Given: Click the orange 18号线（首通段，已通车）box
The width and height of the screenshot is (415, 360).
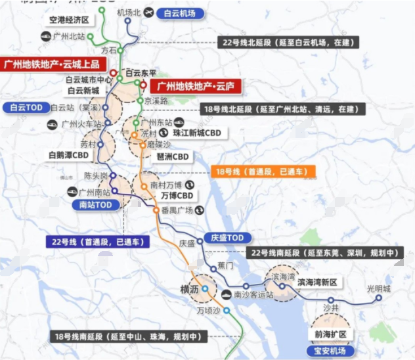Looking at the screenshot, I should (x=262, y=171).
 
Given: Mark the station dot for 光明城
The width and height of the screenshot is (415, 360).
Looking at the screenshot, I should (x=378, y=298).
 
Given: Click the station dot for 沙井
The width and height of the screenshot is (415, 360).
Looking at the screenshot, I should (x=331, y=300).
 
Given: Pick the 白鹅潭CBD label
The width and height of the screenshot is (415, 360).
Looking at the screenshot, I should (x=68, y=156).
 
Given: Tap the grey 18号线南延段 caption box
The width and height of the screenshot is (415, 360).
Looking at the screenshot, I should (x=127, y=336).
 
